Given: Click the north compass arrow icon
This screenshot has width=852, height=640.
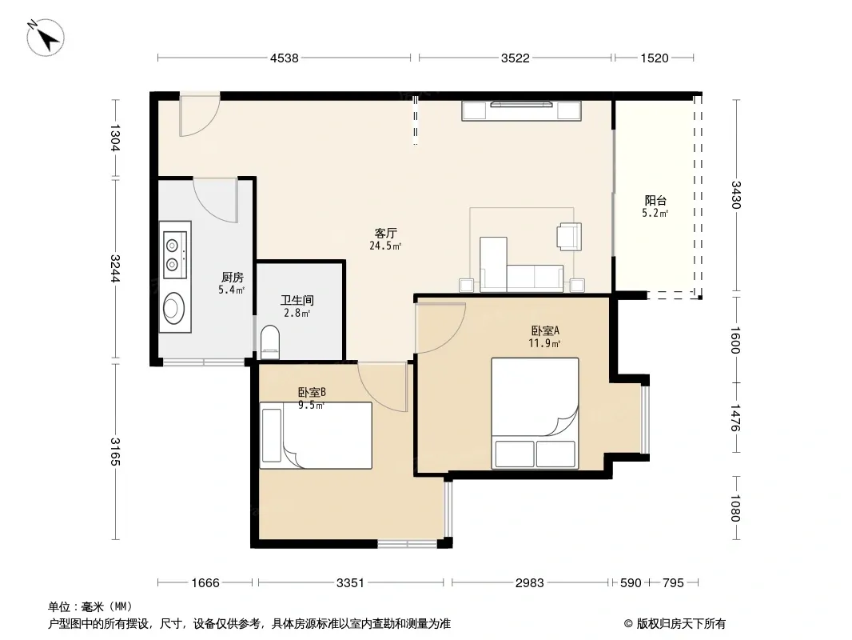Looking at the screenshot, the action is [46, 37].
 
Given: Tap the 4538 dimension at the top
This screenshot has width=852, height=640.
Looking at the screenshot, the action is [285, 58].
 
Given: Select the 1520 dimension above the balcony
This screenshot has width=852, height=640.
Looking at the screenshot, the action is [655, 58].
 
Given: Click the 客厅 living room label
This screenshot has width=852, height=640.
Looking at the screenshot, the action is [386, 234].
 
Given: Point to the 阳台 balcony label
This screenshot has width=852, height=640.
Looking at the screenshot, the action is [655, 201].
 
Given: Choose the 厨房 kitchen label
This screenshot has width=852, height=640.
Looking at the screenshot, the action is [232, 278].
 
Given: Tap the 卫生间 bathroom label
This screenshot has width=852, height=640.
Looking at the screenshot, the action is [297, 300].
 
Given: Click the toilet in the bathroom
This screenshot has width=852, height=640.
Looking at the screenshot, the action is [270, 342].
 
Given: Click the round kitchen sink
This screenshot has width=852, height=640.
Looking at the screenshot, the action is [174, 308].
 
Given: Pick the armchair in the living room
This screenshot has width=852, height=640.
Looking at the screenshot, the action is [569, 237].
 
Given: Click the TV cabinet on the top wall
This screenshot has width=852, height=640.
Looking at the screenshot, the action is [521, 111].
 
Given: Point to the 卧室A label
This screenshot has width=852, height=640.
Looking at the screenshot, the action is [545, 330].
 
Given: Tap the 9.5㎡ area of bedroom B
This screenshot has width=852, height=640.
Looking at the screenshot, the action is [312, 405].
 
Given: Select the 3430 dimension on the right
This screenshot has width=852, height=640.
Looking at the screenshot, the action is [736, 194].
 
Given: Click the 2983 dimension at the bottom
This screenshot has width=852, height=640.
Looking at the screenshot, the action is [529, 583].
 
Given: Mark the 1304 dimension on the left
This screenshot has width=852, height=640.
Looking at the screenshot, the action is [115, 138].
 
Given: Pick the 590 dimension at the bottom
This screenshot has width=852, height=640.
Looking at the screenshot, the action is [631, 583].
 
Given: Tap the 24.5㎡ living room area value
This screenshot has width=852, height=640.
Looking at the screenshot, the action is [385, 246].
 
